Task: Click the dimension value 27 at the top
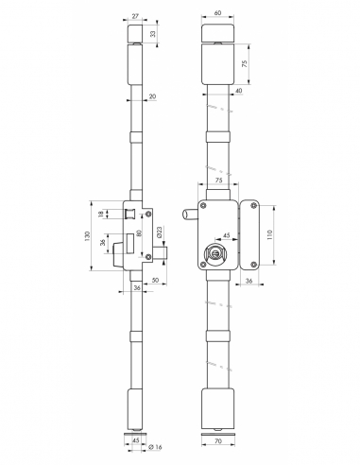(x=135, y=16)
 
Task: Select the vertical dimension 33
(x=153, y=33)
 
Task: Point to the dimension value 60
(x=217, y=12)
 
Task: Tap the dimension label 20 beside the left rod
(x=152, y=96)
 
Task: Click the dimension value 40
(x=239, y=91)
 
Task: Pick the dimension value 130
(x=88, y=236)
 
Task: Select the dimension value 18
(x=101, y=214)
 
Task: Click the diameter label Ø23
(x=159, y=232)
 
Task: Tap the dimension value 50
(x=155, y=280)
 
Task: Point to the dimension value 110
(x=269, y=234)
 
